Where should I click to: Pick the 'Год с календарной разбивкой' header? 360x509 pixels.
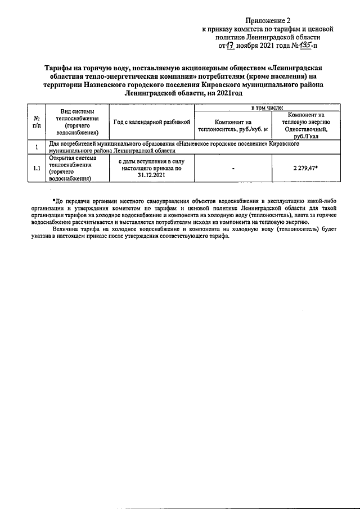tap(152, 121)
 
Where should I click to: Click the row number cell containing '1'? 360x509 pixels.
tap(36, 148)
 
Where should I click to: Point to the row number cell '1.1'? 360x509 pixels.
tap(36, 168)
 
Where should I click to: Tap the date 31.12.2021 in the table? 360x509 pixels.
tap(152, 175)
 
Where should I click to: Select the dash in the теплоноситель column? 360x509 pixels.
tap(232, 169)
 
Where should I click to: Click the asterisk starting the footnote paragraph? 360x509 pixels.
tap(53, 201)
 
